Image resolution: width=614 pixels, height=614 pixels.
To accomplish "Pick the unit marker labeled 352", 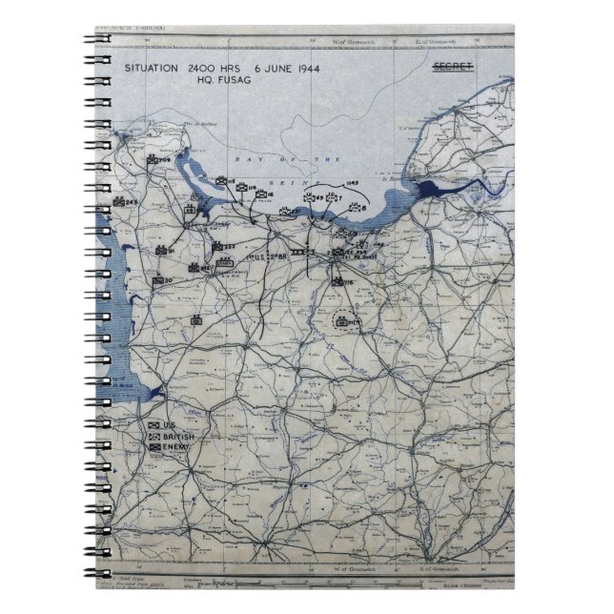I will [x=225, y=246].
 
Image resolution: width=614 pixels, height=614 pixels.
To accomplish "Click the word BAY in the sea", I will [x=242, y=160].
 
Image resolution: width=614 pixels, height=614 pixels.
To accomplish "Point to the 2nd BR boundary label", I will [x=269, y=256].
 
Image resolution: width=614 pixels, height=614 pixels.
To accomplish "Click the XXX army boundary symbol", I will [x=297, y=252].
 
